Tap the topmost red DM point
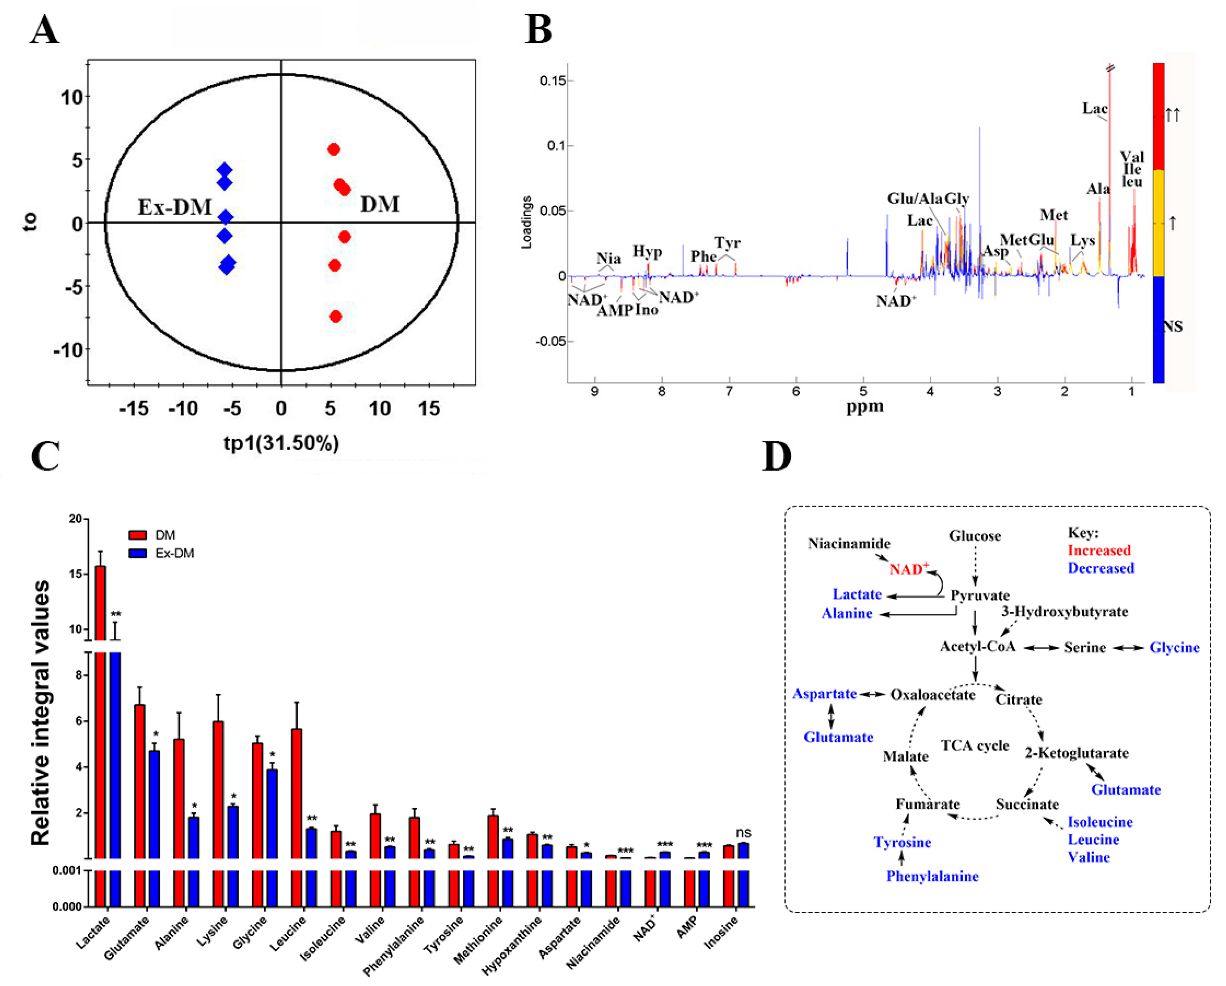pyautogui.click(x=334, y=149)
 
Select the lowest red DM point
pyautogui.click(x=335, y=316)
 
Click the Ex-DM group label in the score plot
pyautogui.click(x=174, y=207)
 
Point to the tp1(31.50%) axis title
pyautogui.click(x=281, y=443)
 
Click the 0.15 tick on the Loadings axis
pyautogui.click(x=553, y=81)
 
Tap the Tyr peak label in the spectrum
pyautogui.click(x=727, y=243)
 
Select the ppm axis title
pyautogui.click(x=864, y=406)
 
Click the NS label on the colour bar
pyautogui.click(x=1173, y=326)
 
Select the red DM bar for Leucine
pyautogui.click(x=296, y=793)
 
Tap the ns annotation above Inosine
pyautogui.click(x=743, y=833)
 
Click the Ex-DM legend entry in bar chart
pyautogui.click(x=174, y=553)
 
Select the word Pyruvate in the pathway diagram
pyautogui.click(x=980, y=595)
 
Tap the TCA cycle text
pyautogui.click(x=975, y=745)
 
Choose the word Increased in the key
pyautogui.click(x=1099, y=551)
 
